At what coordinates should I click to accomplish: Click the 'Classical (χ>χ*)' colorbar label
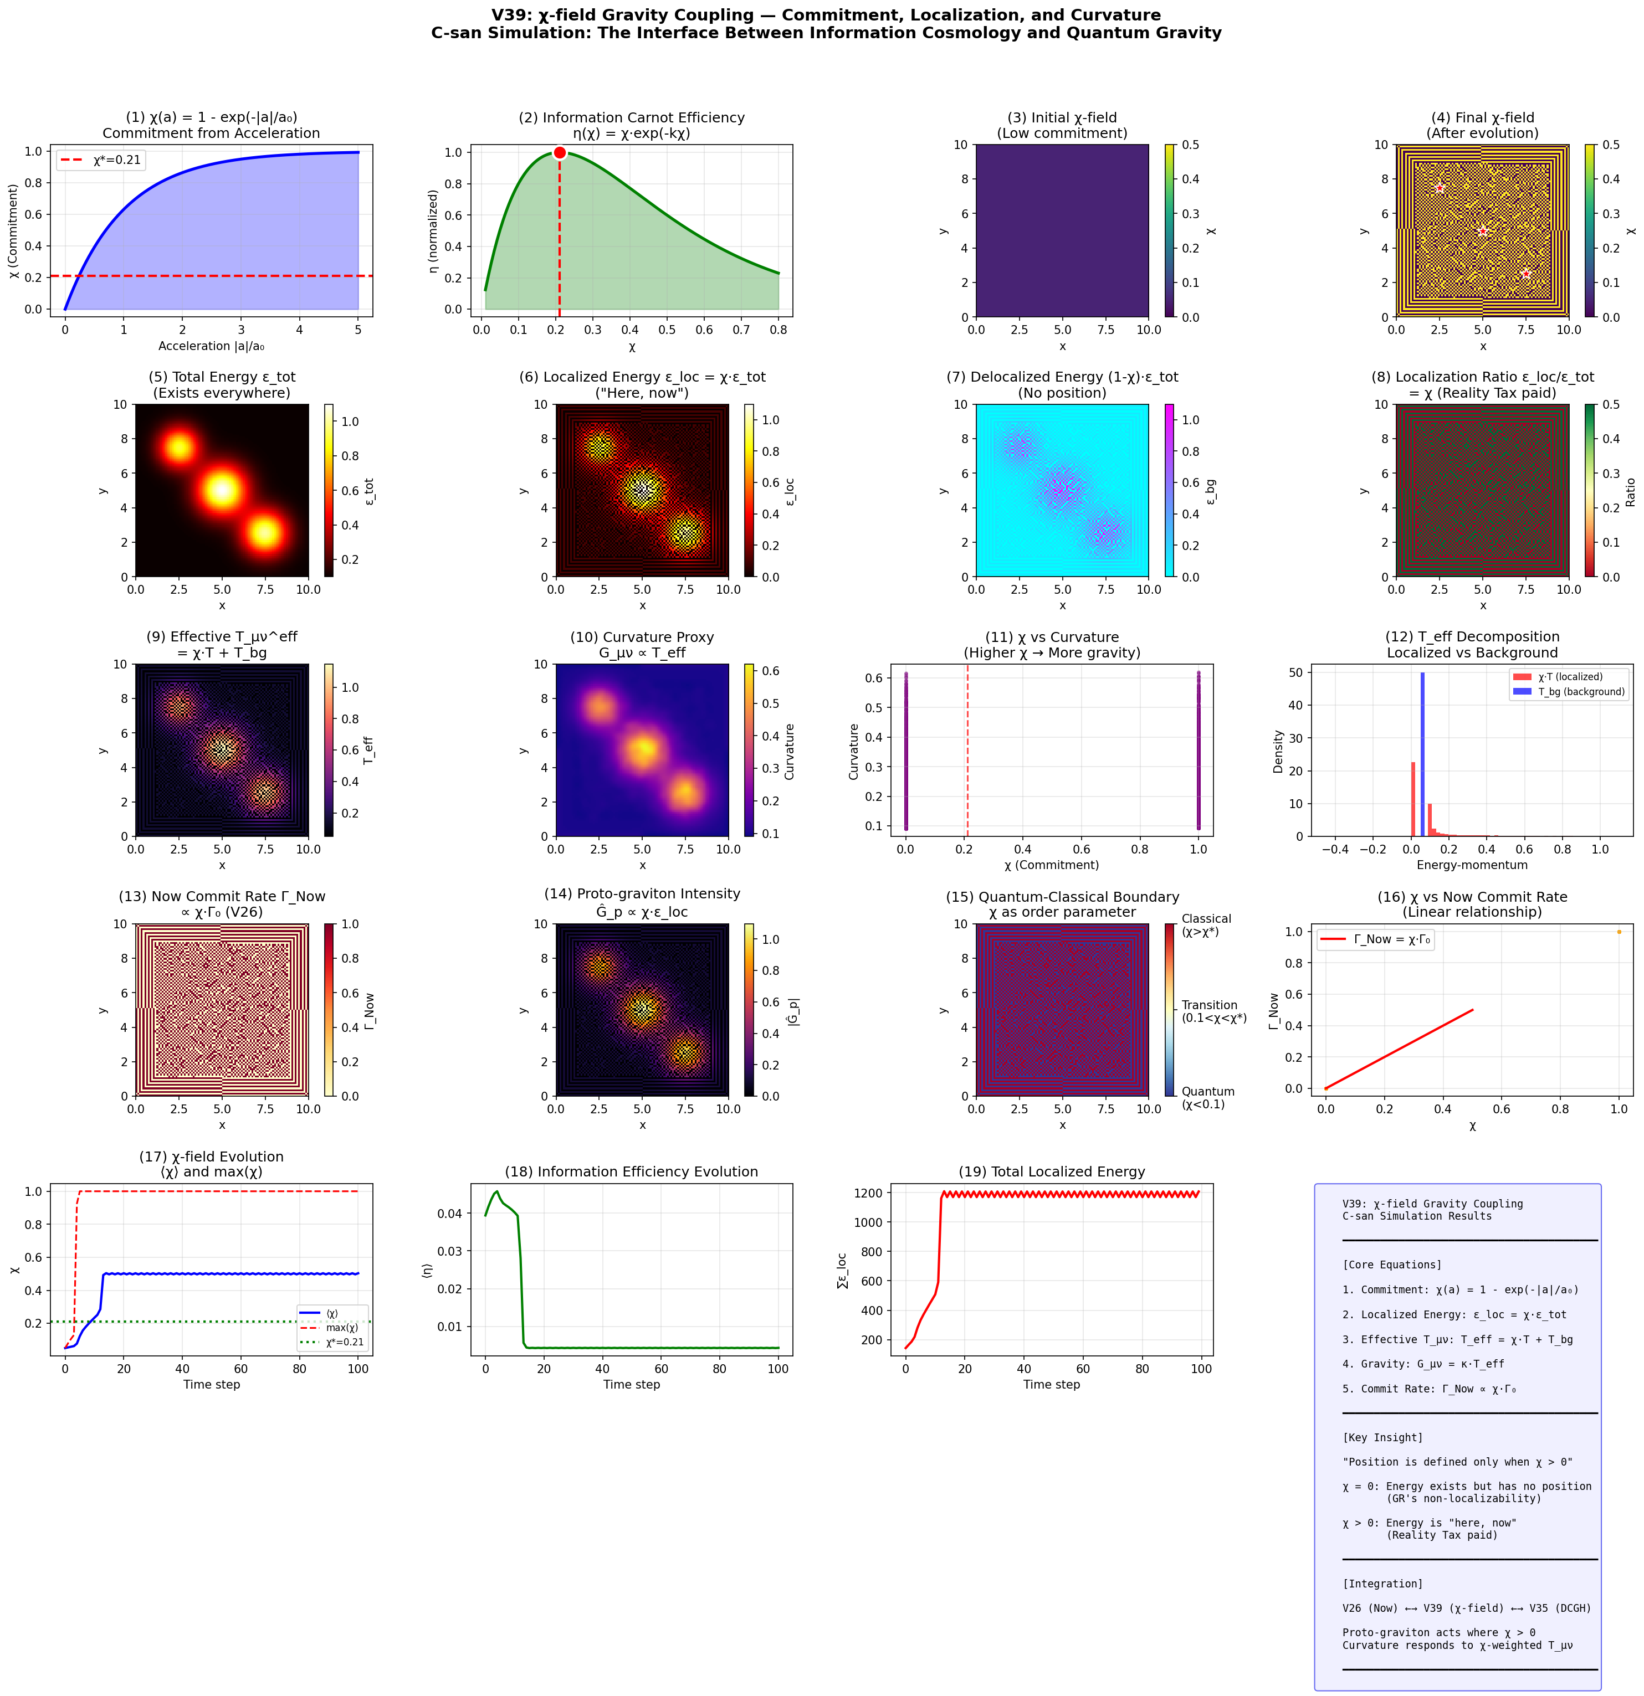(x=1206, y=925)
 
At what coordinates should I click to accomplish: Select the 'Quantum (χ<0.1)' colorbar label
(x=1208, y=1097)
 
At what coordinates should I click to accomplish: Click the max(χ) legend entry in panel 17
(x=341, y=1327)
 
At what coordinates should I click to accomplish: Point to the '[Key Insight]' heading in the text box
(x=1382, y=1437)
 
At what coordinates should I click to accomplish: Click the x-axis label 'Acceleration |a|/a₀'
(x=211, y=346)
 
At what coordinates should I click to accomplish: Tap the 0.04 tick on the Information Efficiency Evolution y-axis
(x=450, y=1213)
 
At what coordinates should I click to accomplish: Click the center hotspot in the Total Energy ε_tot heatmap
(x=222, y=490)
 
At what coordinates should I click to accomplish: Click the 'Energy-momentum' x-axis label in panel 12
(x=1472, y=865)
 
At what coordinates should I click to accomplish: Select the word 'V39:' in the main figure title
(x=511, y=16)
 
